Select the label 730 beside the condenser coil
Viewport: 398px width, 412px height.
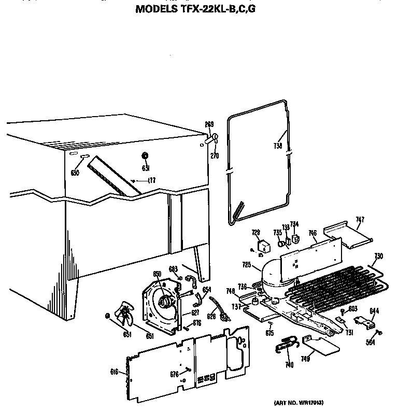[379, 256]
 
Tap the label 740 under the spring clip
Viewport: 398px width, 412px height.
[289, 365]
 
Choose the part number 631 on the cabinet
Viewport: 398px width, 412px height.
[146, 168]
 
